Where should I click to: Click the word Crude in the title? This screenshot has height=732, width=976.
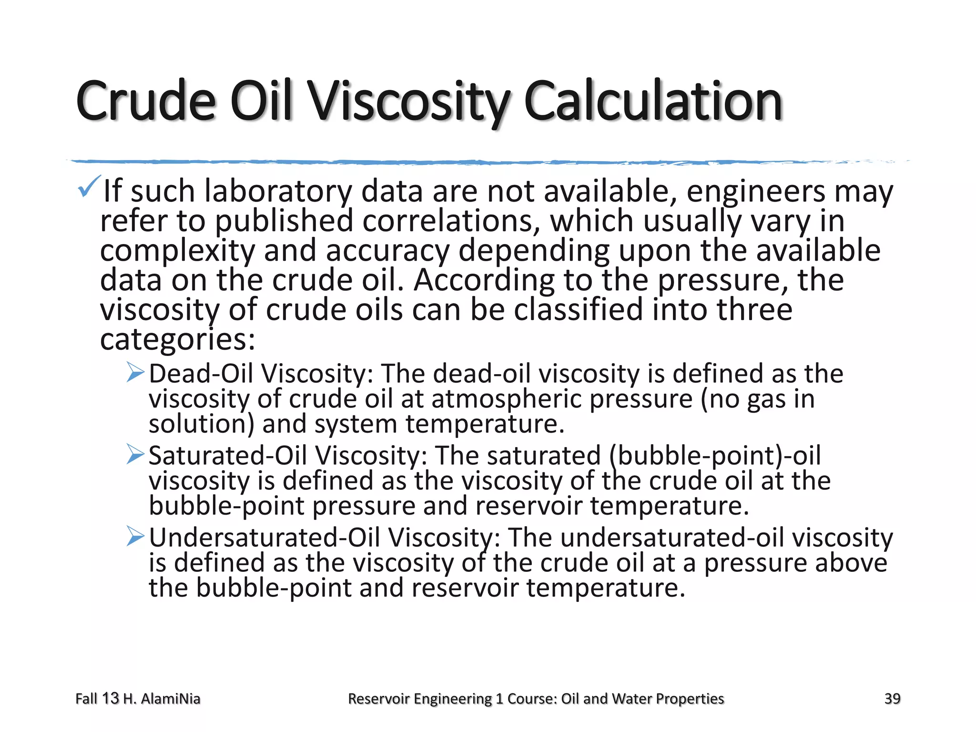(x=146, y=101)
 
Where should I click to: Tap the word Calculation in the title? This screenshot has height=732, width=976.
(x=653, y=101)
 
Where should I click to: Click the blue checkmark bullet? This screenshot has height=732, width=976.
(x=89, y=186)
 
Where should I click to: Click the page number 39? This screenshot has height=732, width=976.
(x=892, y=699)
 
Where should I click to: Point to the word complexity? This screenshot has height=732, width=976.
(x=177, y=252)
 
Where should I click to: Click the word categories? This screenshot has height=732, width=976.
(x=177, y=340)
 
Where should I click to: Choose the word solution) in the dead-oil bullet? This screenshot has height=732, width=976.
(x=201, y=424)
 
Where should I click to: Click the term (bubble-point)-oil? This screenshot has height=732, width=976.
(x=715, y=456)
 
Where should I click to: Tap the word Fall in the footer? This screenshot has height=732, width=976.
(x=86, y=699)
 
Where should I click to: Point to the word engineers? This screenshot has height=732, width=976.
(x=755, y=192)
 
